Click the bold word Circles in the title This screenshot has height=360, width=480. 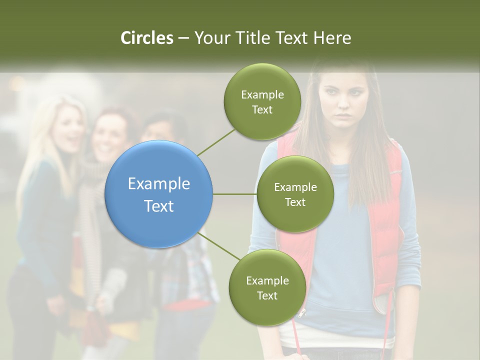point(147,38)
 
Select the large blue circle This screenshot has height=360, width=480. point(159,194)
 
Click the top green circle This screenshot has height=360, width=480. point(262,102)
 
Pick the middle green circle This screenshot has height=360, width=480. point(295,194)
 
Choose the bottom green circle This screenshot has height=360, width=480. point(267,287)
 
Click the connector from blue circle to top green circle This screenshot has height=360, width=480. point(216,141)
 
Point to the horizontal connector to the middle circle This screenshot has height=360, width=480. point(234,194)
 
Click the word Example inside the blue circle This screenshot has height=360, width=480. point(159,183)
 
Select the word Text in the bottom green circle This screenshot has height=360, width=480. point(267,295)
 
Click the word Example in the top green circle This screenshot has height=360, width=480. point(262,94)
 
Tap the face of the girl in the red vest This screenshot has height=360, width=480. point(343,100)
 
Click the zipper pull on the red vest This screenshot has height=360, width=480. point(301,314)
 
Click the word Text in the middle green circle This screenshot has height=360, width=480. point(295,202)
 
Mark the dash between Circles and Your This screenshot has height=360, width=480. point(183,38)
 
